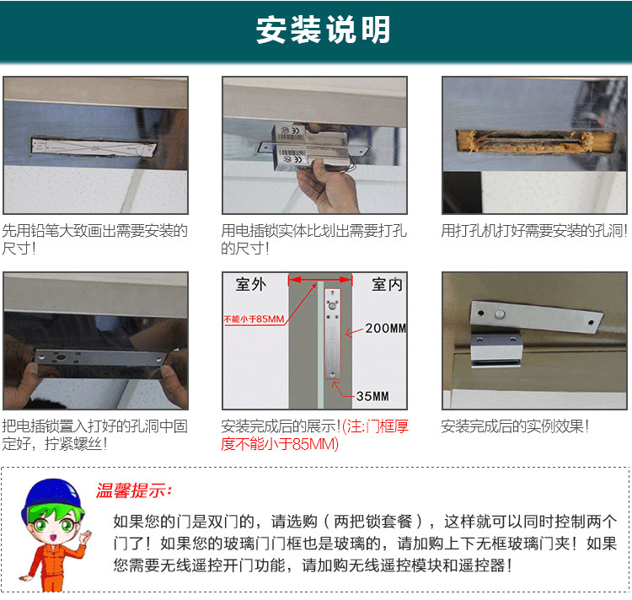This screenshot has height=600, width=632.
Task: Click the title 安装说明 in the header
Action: tap(323, 30)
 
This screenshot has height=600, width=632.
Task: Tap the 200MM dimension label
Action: tap(385, 328)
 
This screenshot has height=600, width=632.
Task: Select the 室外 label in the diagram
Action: tap(250, 285)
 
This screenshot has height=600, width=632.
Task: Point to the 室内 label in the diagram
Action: tap(387, 285)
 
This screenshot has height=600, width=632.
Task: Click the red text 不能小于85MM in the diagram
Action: tap(254, 319)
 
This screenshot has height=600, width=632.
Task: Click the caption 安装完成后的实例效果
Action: tap(515, 426)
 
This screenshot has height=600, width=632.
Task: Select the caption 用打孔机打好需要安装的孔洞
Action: tap(534, 230)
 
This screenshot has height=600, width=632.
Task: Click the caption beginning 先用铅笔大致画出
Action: tap(94, 239)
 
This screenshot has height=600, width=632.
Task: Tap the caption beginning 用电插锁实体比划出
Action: tap(313, 239)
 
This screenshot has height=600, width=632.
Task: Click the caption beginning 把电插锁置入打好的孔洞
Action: tap(94, 435)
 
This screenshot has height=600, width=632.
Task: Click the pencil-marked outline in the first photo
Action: tap(93, 147)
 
